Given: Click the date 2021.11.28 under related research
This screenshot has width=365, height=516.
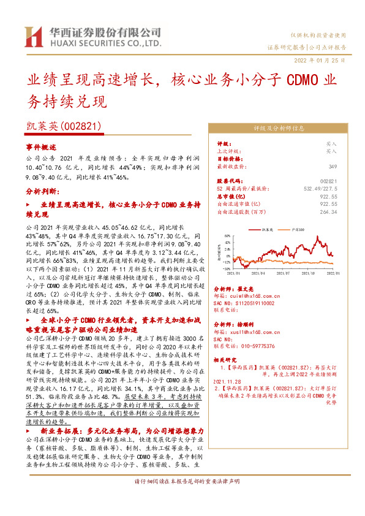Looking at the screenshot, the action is click(x=228, y=381).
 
